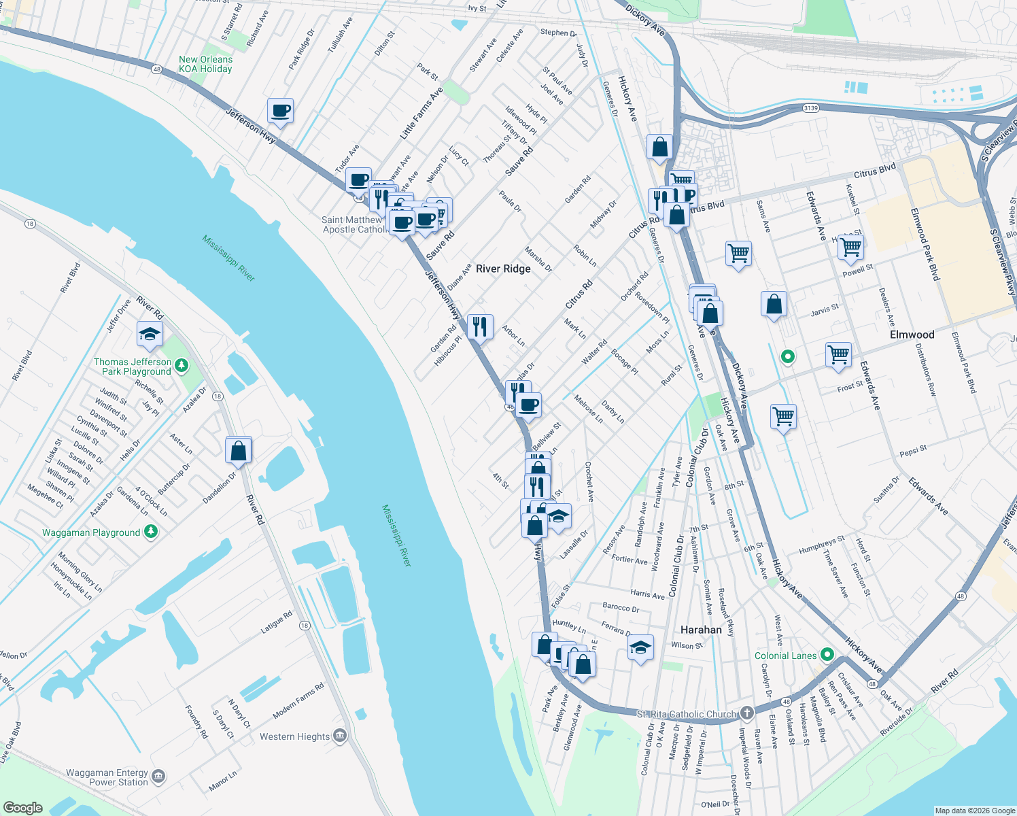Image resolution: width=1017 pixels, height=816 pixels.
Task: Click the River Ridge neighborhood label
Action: coord(503,269)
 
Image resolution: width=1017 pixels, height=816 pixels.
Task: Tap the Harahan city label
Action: coord(701,630)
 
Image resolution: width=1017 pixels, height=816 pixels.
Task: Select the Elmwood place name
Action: coord(912,335)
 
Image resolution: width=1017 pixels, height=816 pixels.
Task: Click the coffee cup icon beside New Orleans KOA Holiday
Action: coord(280,111)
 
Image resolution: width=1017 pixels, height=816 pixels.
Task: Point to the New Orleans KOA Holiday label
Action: coord(205,64)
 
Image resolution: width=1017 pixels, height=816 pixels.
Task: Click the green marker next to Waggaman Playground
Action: coord(151,532)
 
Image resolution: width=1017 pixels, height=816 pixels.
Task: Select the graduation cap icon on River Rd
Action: coord(150,334)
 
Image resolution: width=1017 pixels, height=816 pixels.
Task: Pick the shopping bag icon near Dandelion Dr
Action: coord(239,450)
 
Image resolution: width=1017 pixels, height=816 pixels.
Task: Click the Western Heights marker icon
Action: coord(340,736)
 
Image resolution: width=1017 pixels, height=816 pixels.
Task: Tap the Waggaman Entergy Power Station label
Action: coord(107,777)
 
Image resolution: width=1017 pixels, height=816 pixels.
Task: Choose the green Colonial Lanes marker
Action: coord(827,656)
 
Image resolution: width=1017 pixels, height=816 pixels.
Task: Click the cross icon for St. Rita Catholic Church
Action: coord(746,713)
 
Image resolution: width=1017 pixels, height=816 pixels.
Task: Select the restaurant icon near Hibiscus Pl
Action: coord(480,327)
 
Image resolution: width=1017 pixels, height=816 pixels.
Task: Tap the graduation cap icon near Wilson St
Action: coord(640,647)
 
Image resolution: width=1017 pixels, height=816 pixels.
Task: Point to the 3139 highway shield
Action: coord(810,108)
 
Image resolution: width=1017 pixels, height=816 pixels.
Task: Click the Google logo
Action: coord(22,807)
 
